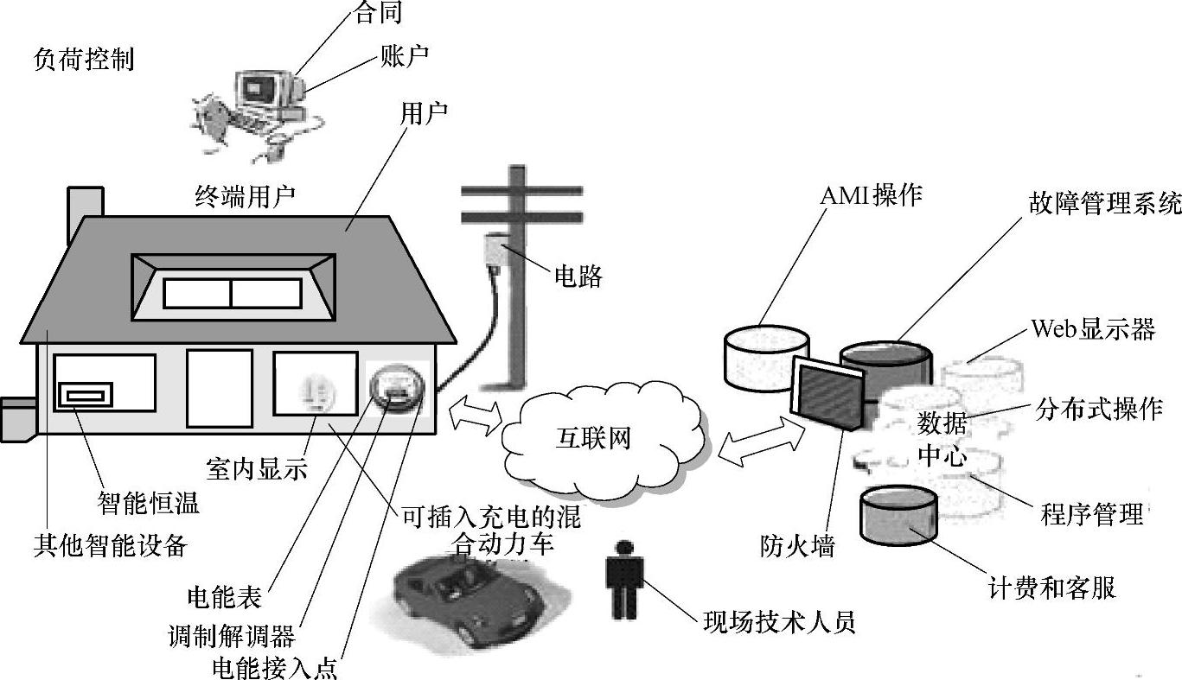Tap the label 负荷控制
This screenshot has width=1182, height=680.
pyautogui.click(x=84, y=60)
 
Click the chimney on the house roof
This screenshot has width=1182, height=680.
pyautogui.click(x=85, y=212)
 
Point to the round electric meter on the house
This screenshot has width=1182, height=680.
pyautogui.click(x=393, y=384)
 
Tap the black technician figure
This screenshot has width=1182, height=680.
pyautogui.click(x=623, y=579)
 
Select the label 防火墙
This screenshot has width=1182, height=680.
pyautogui.click(x=796, y=546)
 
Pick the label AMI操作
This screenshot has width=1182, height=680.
pyautogui.click(x=871, y=195)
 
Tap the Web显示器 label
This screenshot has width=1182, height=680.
pyautogui.click(x=1093, y=329)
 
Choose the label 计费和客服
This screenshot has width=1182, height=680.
pyautogui.click(x=1051, y=588)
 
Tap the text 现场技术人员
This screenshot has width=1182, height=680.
pyautogui.click(x=779, y=621)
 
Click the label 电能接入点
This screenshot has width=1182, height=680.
pyautogui.click(x=274, y=669)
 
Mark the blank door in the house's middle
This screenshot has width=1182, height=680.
pyautogui.click(x=220, y=388)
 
